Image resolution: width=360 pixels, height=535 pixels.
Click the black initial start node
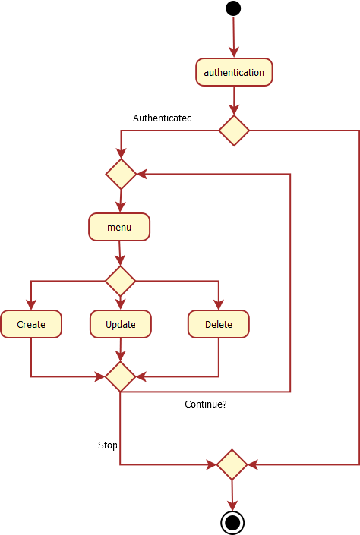pos(233,8)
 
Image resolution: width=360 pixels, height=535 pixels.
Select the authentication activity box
pos(234,72)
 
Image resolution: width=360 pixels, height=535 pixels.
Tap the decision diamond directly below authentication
pos(234,131)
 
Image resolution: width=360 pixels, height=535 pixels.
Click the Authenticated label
pos(163,118)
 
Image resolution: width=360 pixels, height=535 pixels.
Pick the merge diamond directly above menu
pos(122,174)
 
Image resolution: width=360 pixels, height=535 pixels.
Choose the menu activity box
pos(119,227)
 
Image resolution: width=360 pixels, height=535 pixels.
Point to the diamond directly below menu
pos(120,281)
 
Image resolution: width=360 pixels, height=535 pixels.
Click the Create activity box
pos(31,324)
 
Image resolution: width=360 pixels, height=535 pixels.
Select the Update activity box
pos(121,324)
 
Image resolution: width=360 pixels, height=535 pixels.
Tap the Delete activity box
pos(219,324)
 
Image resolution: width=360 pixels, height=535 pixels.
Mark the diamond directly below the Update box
pos(120,376)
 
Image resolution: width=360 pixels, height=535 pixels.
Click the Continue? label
pos(206,404)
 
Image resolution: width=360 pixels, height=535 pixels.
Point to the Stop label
pos(108,445)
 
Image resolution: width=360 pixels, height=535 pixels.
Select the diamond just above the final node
pos(232,464)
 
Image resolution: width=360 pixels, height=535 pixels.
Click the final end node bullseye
pos(232,523)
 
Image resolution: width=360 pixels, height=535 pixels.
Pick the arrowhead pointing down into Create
pos(31,305)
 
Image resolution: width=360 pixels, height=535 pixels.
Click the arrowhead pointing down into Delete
pos(219,305)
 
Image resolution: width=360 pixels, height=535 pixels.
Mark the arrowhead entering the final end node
pos(232,506)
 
